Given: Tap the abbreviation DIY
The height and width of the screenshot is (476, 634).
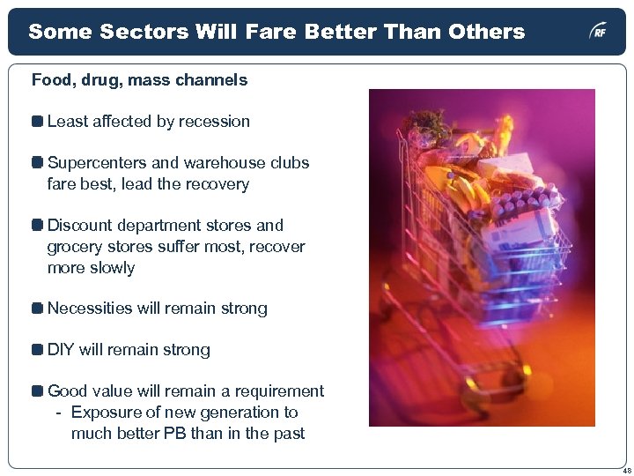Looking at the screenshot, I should point(61,350).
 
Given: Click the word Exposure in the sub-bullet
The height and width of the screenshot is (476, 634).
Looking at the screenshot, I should point(104,413).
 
